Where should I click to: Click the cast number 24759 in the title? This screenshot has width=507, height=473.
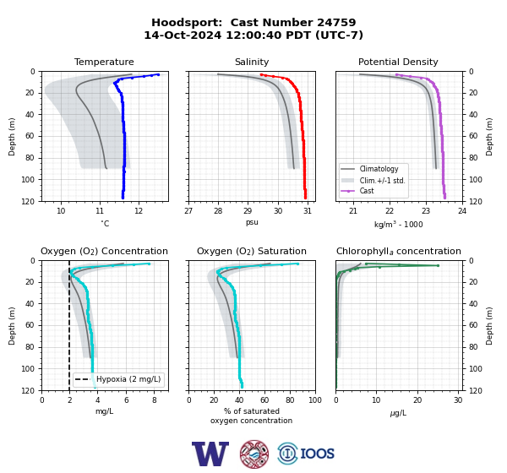[336, 23]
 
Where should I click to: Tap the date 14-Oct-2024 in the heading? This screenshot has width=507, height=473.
[183, 35]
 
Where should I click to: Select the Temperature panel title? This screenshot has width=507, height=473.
[104, 62]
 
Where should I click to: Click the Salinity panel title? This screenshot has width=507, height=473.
[252, 62]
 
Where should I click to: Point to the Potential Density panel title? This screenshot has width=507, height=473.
[398, 62]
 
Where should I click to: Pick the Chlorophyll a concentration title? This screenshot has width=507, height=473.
[399, 251]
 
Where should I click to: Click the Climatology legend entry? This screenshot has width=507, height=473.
[379, 169]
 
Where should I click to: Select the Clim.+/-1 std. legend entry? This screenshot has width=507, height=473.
[382, 181]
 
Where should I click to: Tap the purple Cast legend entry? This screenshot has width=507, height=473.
[367, 191]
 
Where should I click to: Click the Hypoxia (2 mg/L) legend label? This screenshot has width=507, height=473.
[128, 379]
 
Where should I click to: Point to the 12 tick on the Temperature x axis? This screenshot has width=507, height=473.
[139, 211]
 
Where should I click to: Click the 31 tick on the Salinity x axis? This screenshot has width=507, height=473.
[308, 211]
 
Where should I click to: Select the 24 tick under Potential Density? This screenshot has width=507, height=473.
[462, 211]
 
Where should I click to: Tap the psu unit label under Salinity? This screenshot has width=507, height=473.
[252, 223]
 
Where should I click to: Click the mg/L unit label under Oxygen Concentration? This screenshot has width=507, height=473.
[104, 411]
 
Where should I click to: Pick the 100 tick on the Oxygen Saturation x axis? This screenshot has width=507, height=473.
[315, 400]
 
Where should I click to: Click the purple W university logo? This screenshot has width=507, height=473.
[210, 454]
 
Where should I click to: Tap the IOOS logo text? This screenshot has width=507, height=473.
[318, 454]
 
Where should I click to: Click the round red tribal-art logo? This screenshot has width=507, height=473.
[254, 454]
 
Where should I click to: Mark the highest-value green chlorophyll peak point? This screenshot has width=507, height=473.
[438, 265]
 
